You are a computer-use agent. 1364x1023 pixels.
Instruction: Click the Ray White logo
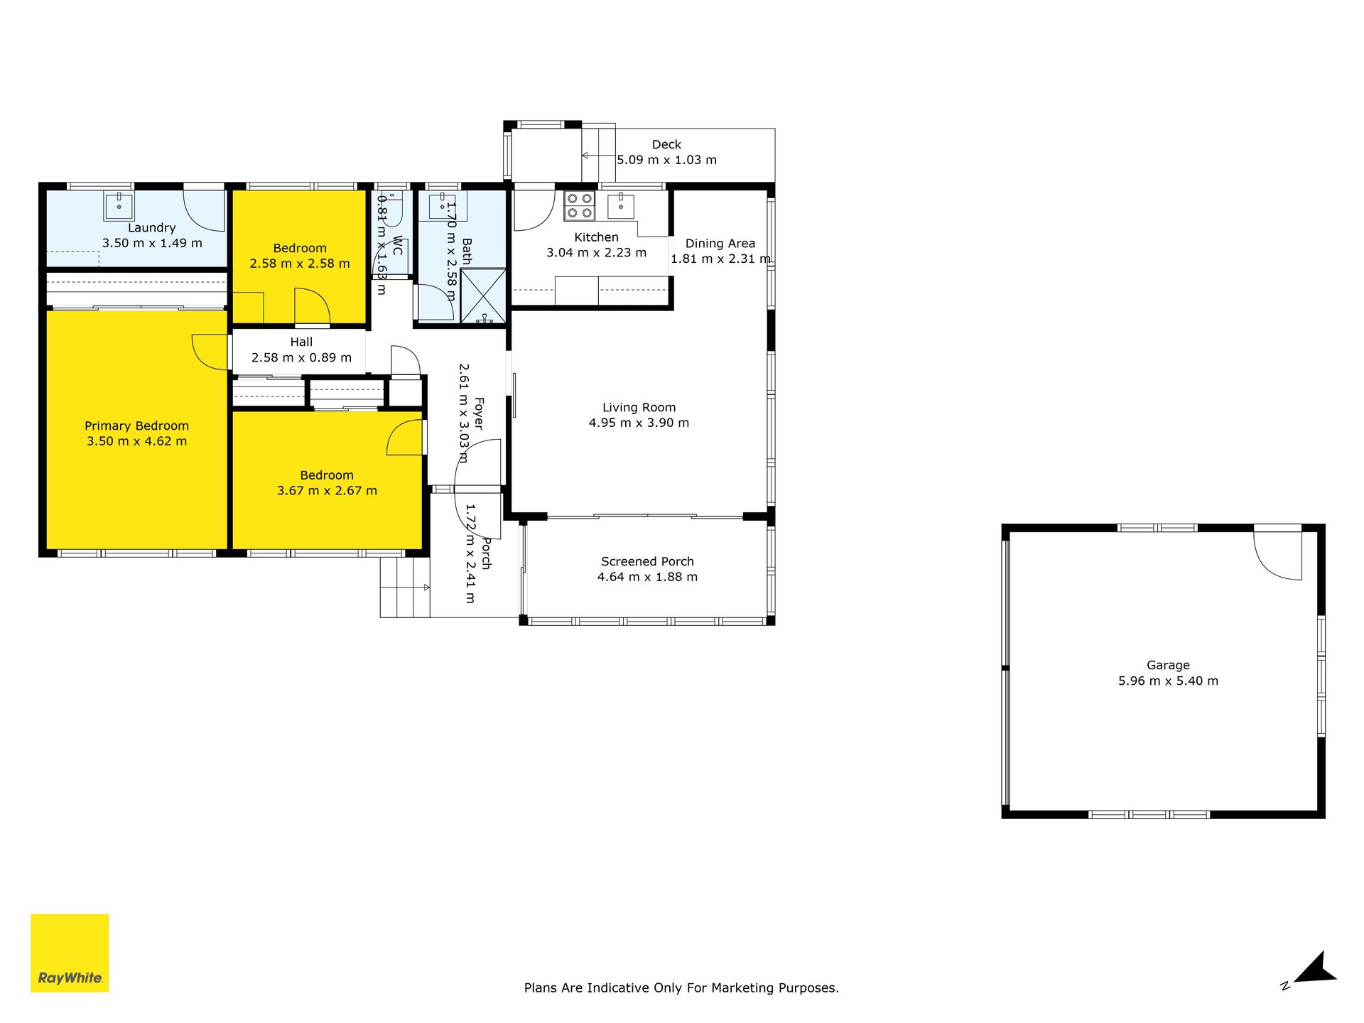70,953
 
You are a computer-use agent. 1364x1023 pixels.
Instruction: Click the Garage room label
1168,665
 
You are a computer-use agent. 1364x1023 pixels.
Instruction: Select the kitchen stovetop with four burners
580,206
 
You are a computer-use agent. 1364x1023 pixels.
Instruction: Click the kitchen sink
621,206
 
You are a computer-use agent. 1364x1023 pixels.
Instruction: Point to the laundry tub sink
119,206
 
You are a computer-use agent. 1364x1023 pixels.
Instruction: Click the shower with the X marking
483,296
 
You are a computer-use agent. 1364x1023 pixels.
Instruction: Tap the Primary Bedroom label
136,426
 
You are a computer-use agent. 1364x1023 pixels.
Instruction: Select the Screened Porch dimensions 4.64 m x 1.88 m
647,577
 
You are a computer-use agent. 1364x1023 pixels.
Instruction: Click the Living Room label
639,407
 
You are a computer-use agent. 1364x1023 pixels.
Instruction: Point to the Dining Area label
720,243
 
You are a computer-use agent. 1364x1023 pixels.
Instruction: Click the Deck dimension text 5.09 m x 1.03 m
666,160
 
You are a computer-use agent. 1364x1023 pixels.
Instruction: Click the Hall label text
301,342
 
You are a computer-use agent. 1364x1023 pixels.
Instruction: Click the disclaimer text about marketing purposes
681,987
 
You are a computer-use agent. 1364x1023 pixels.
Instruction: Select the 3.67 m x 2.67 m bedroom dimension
327,490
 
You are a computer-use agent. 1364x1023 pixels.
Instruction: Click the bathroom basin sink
443,206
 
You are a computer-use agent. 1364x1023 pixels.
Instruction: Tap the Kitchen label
596,237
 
